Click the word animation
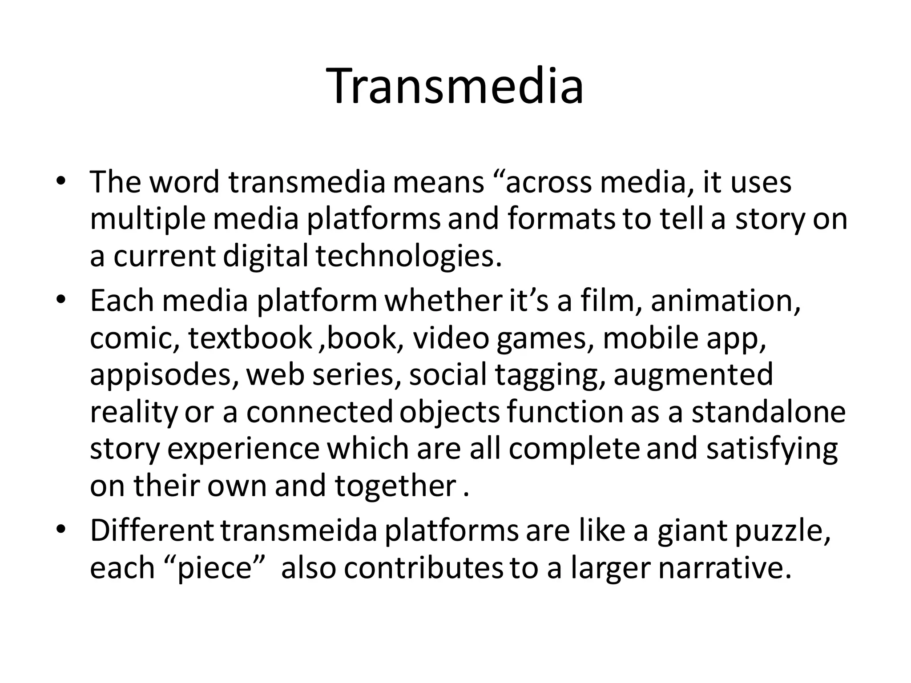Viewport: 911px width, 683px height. coord(725,301)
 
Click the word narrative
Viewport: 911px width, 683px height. coord(725,568)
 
